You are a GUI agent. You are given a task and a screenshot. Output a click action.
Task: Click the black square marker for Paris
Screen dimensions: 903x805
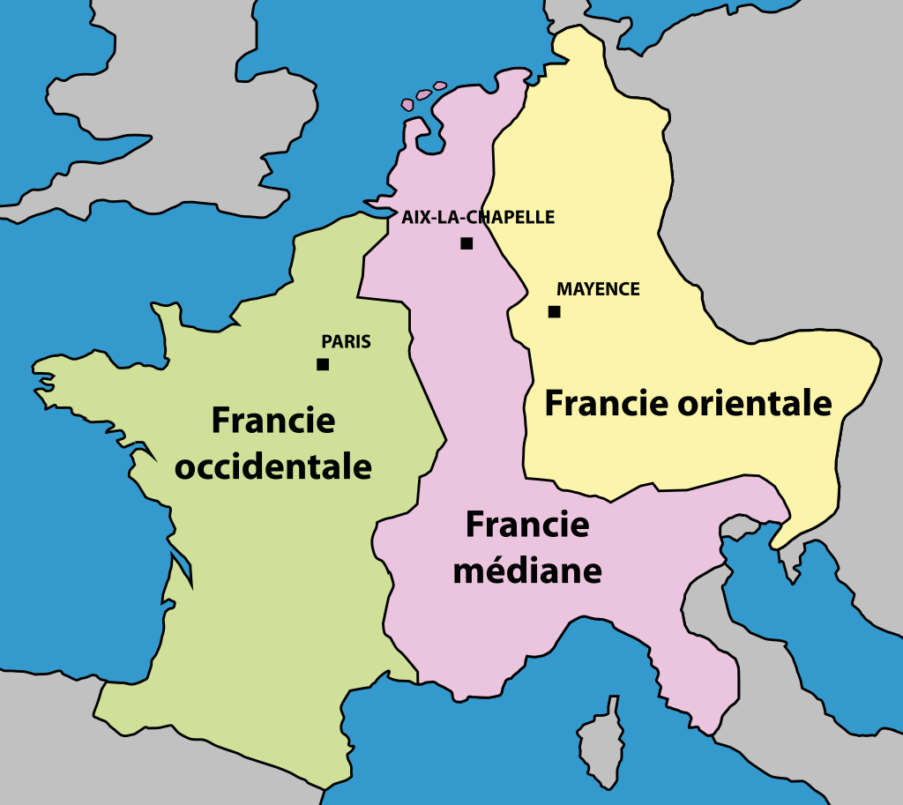(x=323, y=364)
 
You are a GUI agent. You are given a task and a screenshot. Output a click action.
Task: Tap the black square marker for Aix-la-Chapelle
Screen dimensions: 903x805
(x=466, y=243)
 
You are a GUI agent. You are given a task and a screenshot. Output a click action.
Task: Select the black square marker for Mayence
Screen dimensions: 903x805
(x=554, y=311)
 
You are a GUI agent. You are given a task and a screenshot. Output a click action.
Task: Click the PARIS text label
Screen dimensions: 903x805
(x=346, y=342)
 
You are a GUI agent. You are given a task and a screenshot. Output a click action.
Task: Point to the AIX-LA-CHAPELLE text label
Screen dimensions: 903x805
(x=478, y=217)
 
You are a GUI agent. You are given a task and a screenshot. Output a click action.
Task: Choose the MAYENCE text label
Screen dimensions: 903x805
(x=598, y=289)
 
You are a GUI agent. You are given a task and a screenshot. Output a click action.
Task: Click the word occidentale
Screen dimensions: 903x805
(x=273, y=466)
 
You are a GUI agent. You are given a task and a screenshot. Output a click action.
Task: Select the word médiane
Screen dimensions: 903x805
(x=527, y=570)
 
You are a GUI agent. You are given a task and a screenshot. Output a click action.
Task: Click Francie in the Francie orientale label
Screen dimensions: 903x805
(x=606, y=403)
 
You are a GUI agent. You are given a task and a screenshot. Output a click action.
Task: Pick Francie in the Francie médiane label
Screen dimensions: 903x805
(x=527, y=525)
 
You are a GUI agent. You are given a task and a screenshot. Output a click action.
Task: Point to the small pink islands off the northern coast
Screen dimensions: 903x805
(x=425, y=94)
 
